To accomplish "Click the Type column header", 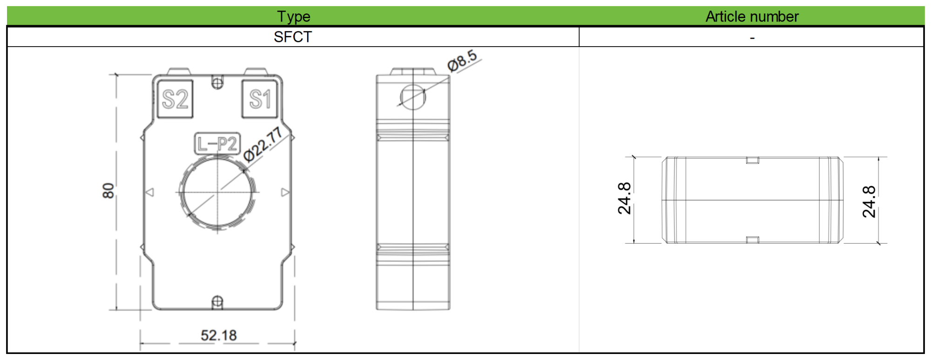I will (x=293, y=16).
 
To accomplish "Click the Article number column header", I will (x=752, y=16).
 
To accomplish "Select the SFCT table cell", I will (x=293, y=37).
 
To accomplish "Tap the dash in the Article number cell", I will (x=752, y=38).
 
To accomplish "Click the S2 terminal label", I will (x=175, y=99).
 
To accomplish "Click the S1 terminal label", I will (x=260, y=99).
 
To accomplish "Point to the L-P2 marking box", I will (x=217, y=143).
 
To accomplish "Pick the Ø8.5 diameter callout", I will (x=462, y=61).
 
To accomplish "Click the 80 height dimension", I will (x=108, y=190).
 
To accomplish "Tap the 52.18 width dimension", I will (x=218, y=335).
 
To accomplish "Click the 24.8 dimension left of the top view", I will (x=624, y=198).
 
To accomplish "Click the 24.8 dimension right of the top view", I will (x=869, y=202).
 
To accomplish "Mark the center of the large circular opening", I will (x=217, y=192).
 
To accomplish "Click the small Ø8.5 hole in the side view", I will (x=413, y=97).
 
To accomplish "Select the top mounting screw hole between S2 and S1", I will (x=217, y=83).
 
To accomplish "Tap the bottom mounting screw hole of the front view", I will (x=217, y=302).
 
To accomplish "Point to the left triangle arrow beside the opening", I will (x=150, y=192).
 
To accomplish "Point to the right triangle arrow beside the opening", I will (x=285, y=192).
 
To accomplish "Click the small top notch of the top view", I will (x=752, y=160).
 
